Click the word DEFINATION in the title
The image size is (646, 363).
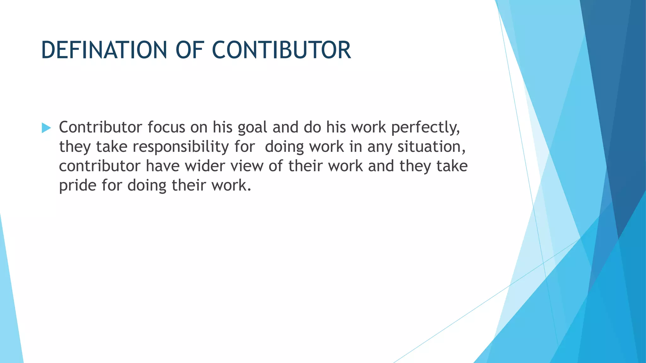103,50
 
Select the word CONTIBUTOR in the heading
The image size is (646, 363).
281,50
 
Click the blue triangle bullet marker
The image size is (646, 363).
46,128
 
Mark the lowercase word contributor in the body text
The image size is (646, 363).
99,166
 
